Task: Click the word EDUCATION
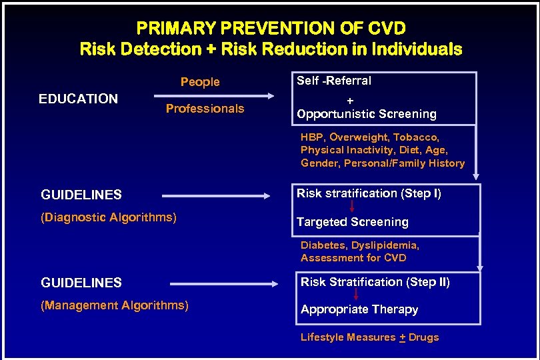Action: pos(78,99)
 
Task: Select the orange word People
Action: pos(200,82)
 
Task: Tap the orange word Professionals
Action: pos(205,109)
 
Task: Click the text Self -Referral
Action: pos(334,81)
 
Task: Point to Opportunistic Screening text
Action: pos(367,114)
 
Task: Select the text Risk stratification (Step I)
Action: pos(369,194)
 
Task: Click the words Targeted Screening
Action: pos(353,222)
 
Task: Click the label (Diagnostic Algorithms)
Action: pos(109,217)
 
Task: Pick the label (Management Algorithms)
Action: pos(115,306)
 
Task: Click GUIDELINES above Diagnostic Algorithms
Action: pos(81,195)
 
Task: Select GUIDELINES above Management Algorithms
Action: pos(81,283)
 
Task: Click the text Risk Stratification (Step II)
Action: pos(375,282)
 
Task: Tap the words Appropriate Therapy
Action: pos(359,309)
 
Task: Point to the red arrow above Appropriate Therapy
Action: pos(356,295)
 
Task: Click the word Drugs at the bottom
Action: pos(424,337)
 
